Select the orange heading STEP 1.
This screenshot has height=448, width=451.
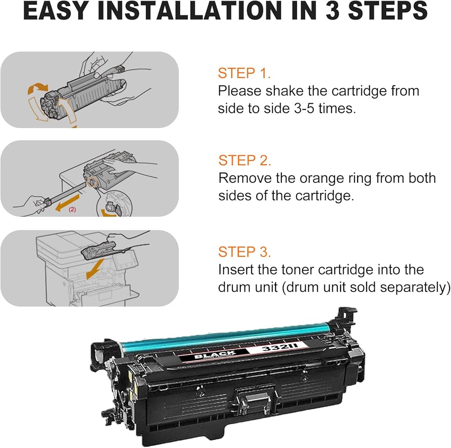[244, 73]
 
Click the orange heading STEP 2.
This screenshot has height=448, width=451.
[244, 160]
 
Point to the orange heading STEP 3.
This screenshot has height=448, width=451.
[245, 252]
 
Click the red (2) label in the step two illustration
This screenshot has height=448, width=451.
[72, 210]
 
